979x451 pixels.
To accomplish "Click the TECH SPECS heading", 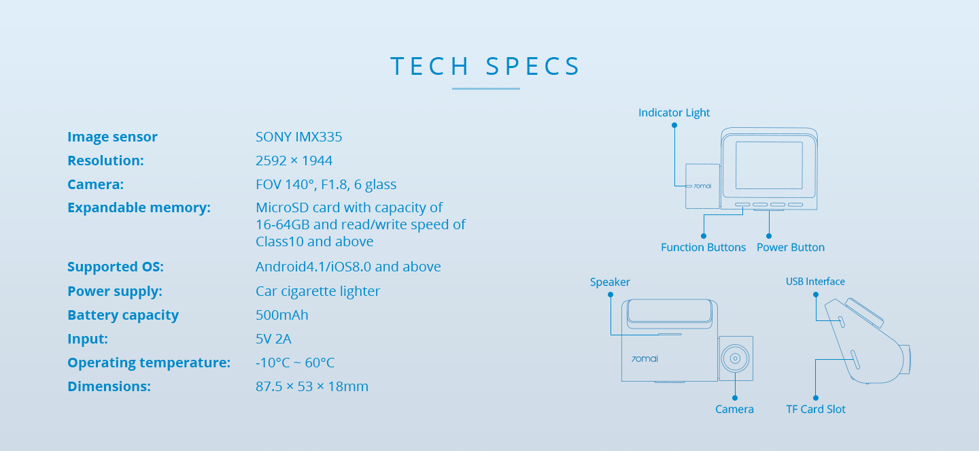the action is point(485,66).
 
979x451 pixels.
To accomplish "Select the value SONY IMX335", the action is point(298,137).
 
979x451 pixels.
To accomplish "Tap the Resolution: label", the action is point(105,161).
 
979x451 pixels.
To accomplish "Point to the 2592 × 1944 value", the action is point(294,161).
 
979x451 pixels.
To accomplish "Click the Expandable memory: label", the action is point(139,207).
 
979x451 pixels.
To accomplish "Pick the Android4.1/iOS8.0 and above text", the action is point(348,267).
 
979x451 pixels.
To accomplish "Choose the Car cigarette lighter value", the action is point(317,291).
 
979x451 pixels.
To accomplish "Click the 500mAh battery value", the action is point(282,315).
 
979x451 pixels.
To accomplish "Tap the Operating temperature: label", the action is point(149,363).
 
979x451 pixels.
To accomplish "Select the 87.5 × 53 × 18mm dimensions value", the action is point(311,386).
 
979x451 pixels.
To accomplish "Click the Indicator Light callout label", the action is point(674,113).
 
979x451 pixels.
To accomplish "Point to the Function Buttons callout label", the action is point(703,247).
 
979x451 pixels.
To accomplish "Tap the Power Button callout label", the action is point(791,247).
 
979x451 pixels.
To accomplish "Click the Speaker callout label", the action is point(610,282).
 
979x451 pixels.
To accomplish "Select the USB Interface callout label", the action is point(815,281).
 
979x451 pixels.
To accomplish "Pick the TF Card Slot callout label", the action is point(816,409).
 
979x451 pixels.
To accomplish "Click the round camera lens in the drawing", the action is point(735,358).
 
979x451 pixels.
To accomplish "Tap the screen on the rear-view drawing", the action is point(769,165).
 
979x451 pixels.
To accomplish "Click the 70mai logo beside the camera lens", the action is point(645,358).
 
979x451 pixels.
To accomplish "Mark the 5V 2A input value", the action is point(273,339).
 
